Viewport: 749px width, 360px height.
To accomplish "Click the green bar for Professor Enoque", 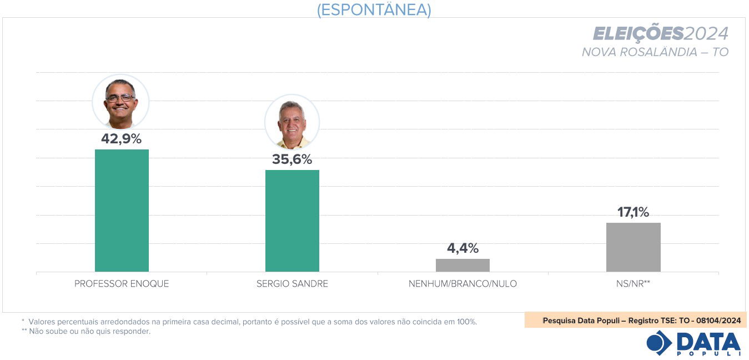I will click(122, 211).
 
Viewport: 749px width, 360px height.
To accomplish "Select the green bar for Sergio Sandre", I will click(292, 221).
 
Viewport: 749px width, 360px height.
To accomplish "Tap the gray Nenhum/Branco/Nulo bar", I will click(463, 265).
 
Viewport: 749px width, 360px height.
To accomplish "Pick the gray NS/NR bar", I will click(633, 247).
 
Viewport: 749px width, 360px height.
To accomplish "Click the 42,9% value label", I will click(121, 139).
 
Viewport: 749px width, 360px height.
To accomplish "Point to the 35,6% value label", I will click(292, 159).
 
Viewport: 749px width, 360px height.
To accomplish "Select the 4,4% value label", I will click(463, 248).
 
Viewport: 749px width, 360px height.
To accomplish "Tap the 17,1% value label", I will click(633, 212).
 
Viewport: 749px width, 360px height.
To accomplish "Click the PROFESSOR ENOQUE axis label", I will click(122, 284).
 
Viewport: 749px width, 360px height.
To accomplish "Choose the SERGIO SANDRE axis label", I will click(292, 284).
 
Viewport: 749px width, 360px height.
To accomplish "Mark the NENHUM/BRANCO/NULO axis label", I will click(463, 284).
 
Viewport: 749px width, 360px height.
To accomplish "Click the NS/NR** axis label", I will click(634, 284).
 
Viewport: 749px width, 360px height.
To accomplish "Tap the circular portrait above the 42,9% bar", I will click(120, 102).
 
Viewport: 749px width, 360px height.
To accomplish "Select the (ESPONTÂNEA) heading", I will click(374, 9).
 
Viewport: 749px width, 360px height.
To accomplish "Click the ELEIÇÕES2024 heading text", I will click(660, 34).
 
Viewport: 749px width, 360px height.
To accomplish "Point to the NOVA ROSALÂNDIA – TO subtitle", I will click(655, 52).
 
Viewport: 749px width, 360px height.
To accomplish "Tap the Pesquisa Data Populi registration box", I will click(635, 321).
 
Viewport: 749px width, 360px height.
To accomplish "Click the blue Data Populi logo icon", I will click(659, 343).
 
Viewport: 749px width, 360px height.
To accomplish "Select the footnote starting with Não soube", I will click(89, 332).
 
